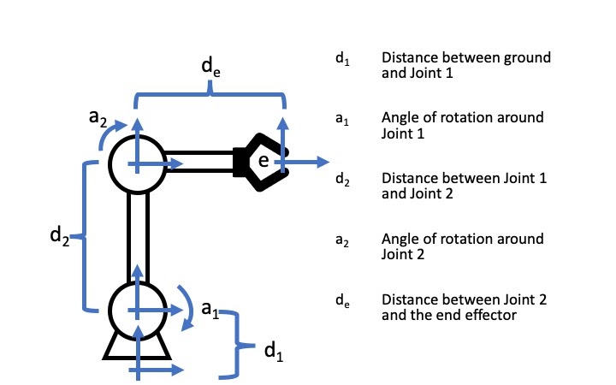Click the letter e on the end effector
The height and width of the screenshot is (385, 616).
[264, 161]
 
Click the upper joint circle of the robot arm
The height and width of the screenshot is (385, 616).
[138, 165]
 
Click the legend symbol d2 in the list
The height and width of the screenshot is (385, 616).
[342, 181]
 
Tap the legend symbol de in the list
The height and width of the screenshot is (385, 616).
[342, 301]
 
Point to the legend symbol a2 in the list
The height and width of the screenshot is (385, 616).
[342, 240]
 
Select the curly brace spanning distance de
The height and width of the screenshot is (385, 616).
[210, 98]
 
